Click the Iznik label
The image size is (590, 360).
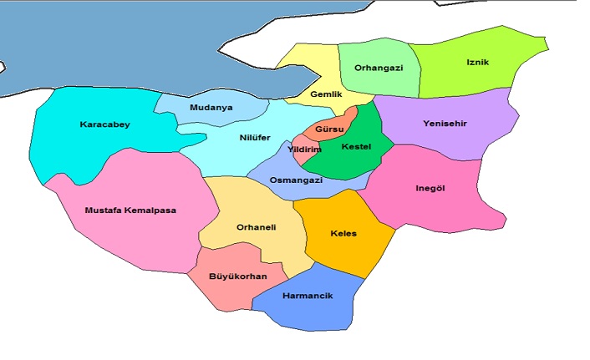pos(478,62)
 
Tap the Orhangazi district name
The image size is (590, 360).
pos(379,68)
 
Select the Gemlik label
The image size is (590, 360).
pos(326,94)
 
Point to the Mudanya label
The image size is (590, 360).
pos(211,108)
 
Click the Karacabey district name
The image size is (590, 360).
pos(104,124)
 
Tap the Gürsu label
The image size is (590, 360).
pos(330,129)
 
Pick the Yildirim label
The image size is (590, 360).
pos(304,150)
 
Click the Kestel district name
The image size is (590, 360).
pos(357,147)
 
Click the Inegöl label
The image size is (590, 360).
pos(430,188)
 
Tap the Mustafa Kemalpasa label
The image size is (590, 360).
pos(130,210)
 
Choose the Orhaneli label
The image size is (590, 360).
pos(257,226)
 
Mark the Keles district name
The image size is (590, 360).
pos(343,233)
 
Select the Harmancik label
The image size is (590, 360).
pos(308,297)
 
